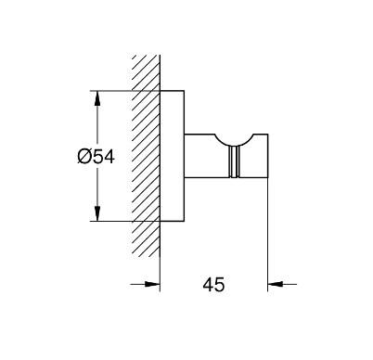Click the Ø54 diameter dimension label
[96, 157]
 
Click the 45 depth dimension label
[213, 285]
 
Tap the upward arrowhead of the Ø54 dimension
[97, 98]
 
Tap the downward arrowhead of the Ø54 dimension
[97, 213]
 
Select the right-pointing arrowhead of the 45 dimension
[152, 284]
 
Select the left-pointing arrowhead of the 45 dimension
[276, 284]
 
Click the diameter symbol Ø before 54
[84, 157]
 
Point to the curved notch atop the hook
[234, 142]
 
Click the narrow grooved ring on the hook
[234, 161]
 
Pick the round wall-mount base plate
[172, 156]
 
